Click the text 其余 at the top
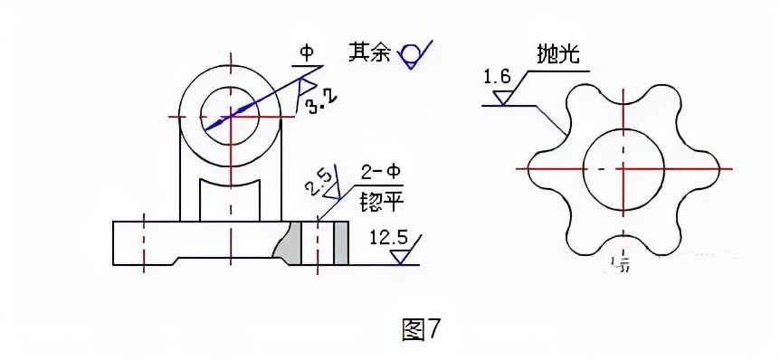370,52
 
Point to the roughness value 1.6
497,77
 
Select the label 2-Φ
379,172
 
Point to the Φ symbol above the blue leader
306,53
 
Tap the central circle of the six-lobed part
623,169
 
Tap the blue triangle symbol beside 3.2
305,88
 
